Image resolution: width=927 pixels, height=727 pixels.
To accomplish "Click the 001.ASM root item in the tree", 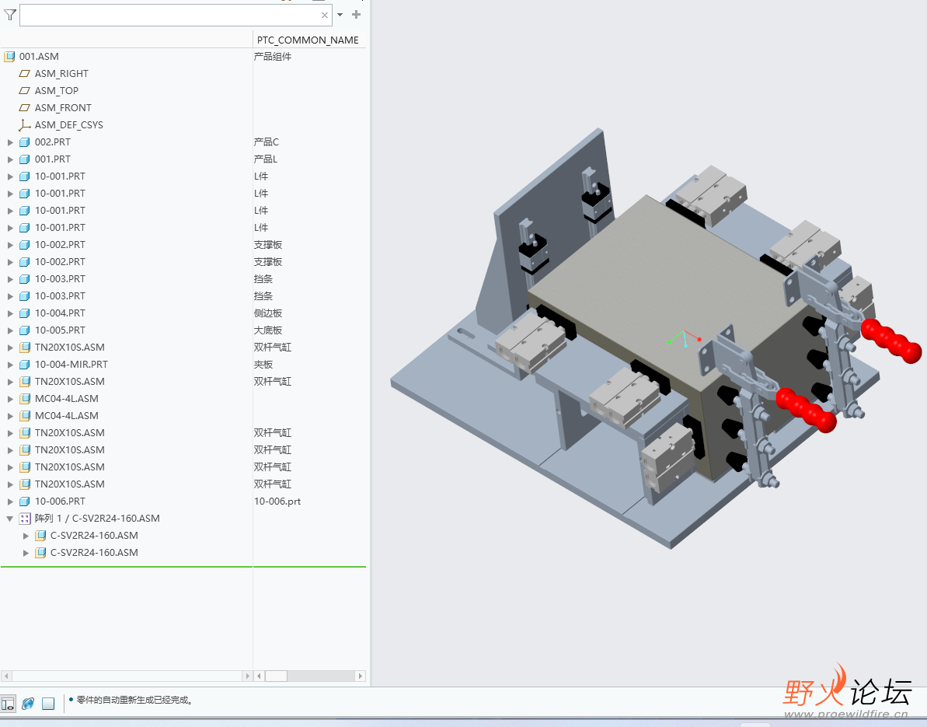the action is [x=38, y=57].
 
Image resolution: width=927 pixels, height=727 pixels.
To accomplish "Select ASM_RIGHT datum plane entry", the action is [x=61, y=74].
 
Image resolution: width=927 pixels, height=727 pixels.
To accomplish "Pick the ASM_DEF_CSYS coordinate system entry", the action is [x=68, y=125].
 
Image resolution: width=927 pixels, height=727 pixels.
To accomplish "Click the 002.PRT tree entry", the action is [x=52, y=142].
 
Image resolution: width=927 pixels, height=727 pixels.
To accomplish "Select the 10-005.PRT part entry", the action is [x=60, y=330].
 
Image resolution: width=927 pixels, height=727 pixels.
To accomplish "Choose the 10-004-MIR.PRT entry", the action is [x=71, y=365].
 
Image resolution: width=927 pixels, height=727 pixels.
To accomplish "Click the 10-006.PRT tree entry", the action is [x=60, y=502].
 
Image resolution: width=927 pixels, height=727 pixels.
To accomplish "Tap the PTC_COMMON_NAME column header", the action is [x=308, y=40].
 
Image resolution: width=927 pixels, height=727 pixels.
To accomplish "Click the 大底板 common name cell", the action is [x=268, y=330].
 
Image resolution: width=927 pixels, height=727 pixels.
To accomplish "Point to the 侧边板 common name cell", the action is [x=268, y=313].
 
